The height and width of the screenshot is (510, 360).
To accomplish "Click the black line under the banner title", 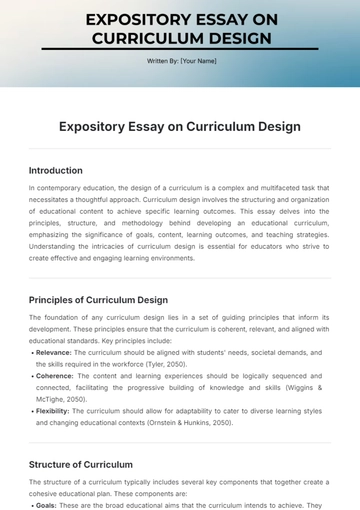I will tap(180, 48).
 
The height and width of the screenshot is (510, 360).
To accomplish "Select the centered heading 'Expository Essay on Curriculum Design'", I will tap(180, 127).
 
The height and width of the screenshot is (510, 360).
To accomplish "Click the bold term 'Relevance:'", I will tap(58, 352).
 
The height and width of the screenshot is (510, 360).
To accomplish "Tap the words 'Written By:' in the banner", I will tap(162, 61).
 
